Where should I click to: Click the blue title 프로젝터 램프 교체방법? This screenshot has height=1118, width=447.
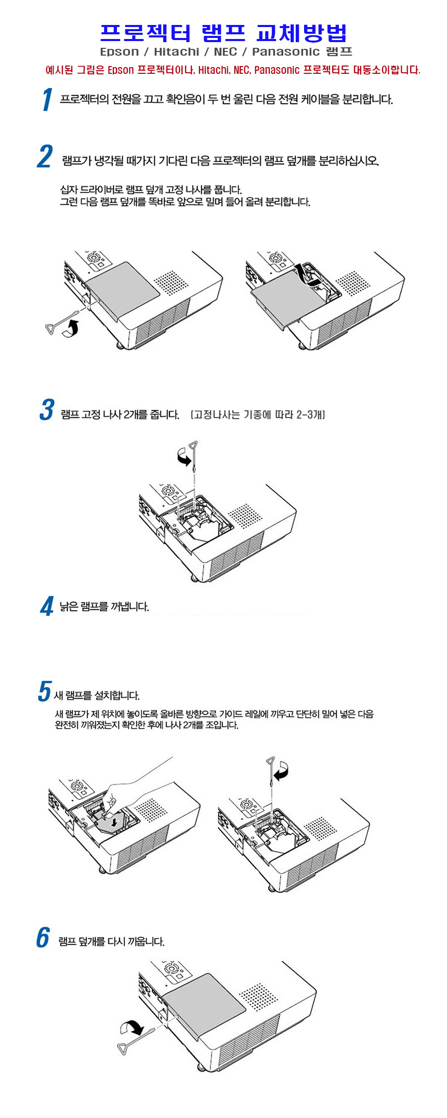223,33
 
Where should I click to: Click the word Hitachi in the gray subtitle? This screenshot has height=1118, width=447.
176,51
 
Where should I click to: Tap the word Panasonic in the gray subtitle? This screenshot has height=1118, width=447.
285,51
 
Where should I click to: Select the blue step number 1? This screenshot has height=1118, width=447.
47,99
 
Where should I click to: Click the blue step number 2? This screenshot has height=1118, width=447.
45,157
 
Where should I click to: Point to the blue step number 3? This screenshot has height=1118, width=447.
47,409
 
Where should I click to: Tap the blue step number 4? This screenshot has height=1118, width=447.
47,606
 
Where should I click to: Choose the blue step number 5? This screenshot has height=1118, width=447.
45,692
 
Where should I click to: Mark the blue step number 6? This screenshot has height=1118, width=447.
43,937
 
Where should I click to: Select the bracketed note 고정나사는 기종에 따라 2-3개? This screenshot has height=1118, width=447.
258,414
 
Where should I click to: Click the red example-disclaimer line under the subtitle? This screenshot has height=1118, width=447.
233,70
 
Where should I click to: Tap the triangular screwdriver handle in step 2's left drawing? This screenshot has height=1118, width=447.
52,329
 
